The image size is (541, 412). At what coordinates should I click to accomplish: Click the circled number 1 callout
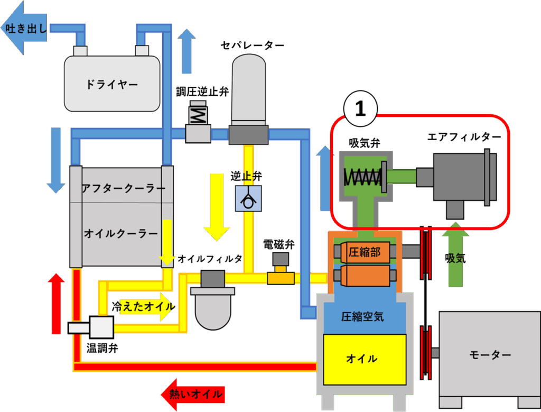[x=360, y=108]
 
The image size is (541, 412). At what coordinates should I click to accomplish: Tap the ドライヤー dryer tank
[x=112, y=84]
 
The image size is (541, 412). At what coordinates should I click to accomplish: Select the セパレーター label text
[x=252, y=45]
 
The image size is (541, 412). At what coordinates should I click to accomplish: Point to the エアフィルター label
[x=464, y=138]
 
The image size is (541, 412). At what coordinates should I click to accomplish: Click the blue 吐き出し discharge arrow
[x=22, y=29]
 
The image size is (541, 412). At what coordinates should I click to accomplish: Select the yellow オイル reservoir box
[x=365, y=359]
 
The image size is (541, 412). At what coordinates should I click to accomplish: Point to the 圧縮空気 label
[x=362, y=317]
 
